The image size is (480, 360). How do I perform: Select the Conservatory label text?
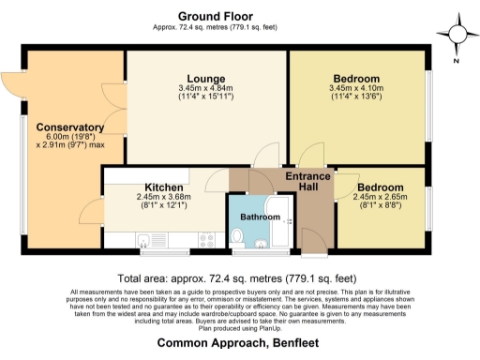click(69, 127)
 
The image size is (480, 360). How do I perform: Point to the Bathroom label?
click(260, 217)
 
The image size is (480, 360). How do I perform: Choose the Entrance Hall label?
click(307, 182)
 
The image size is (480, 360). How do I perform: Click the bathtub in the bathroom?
click(281, 225)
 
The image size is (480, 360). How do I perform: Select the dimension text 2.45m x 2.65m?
click(380, 198)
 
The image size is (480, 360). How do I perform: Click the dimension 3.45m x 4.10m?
click(355, 89)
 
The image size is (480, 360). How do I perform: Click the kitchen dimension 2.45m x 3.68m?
click(162, 197)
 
